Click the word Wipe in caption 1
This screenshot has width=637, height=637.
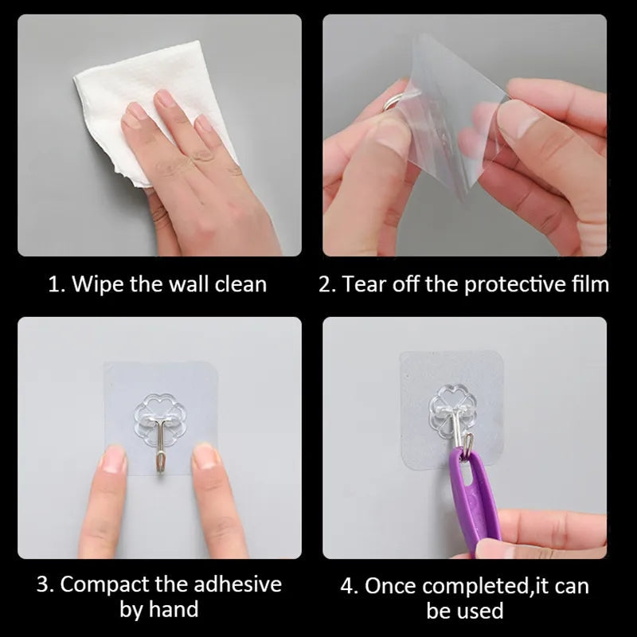click(97, 284)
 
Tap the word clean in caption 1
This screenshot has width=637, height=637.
click(240, 284)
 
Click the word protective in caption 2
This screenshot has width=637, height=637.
click(515, 285)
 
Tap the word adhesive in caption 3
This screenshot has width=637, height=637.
click(237, 584)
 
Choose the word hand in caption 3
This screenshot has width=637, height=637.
click(174, 609)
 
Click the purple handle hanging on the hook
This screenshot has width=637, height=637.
click(473, 500)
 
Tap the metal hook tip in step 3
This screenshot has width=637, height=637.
click(160, 471)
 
